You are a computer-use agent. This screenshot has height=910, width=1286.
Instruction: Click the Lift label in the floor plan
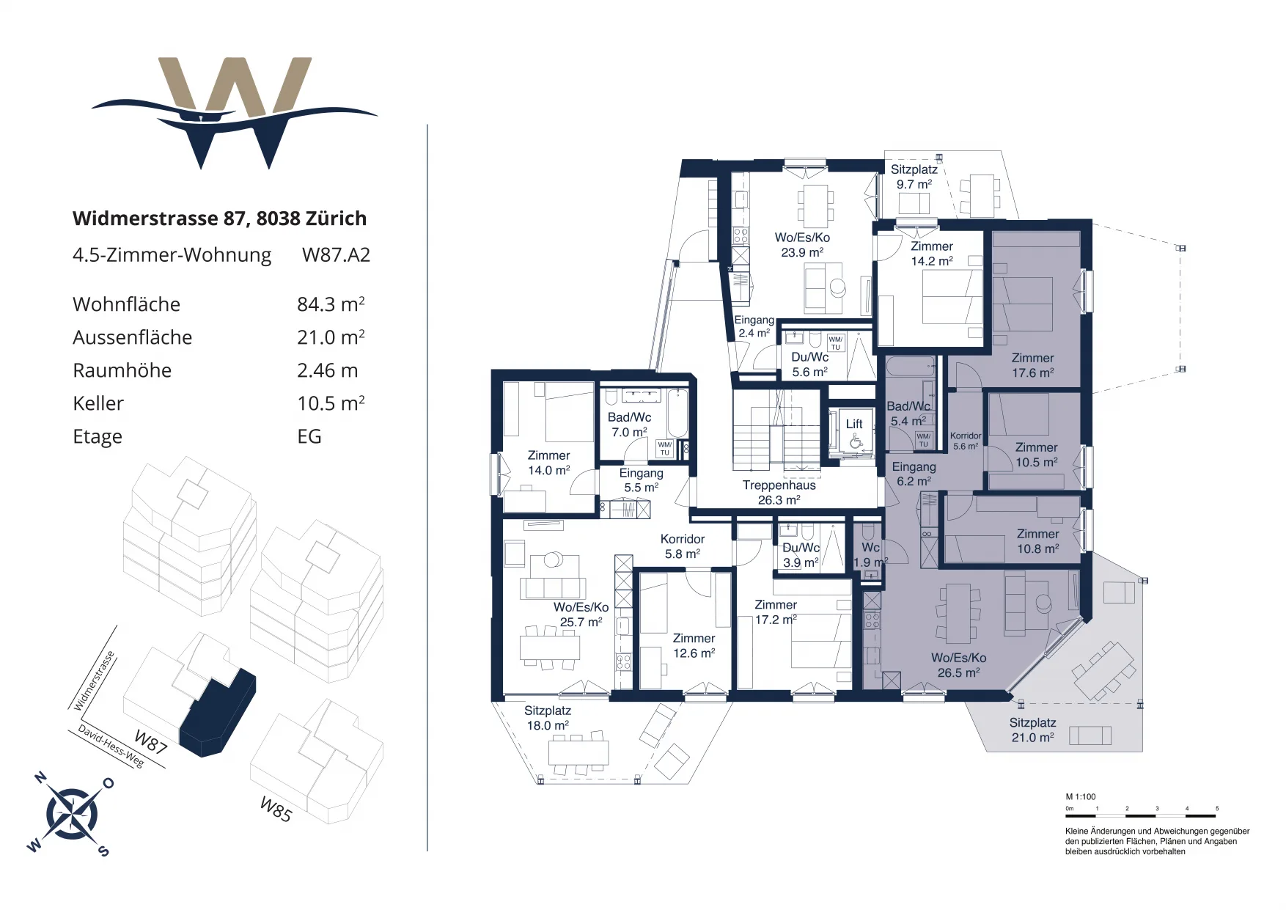pyautogui.click(x=854, y=424)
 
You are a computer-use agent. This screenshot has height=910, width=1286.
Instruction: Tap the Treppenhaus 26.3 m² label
pyautogui.click(x=779, y=493)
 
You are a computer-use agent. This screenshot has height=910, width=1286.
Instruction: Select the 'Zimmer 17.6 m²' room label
pyautogui.click(x=1032, y=365)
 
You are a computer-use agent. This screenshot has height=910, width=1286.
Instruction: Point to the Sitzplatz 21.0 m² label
pyautogui.click(x=1032, y=730)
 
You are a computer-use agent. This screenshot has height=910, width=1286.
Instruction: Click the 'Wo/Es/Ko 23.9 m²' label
pyautogui.click(x=802, y=245)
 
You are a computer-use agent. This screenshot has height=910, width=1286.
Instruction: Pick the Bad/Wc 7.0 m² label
pyautogui.click(x=629, y=425)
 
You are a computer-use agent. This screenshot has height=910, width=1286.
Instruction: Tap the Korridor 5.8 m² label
pyautogui.click(x=683, y=546)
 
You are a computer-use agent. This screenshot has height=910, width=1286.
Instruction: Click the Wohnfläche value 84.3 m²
pyautogui.click(x=331, y=304)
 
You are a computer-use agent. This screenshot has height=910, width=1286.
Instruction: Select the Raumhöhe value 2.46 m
pyautogui.click(x=327, y=370)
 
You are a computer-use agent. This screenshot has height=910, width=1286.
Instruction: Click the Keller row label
pyautogui.click(x=98, y=403)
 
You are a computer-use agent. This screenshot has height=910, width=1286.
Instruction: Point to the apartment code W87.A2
pyautogui.click(x=336, y=255)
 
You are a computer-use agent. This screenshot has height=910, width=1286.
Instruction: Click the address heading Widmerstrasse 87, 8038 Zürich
pyautogui.click(x=219, y=219)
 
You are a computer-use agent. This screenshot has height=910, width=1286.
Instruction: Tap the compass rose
pyautogui.click(x=72, y=814)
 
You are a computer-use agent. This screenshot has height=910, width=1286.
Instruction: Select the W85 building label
pyautogui.click(x=276, y=810)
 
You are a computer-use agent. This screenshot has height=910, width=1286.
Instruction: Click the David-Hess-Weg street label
pyautogui.click(x=111, y=746)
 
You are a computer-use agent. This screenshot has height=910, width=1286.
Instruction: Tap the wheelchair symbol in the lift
pyautogui.click(x=854, y=441)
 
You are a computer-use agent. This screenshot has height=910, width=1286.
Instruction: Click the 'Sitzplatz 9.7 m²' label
pyautogui.click(x=914, y=177)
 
